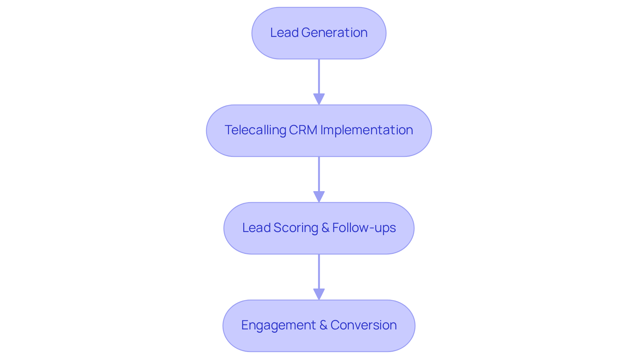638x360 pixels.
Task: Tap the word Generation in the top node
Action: tap(334, 33)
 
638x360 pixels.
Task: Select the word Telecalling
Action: tap(255, 130)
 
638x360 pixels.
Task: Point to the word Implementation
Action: tap(367, 130)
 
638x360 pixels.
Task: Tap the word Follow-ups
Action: tap(364, 228)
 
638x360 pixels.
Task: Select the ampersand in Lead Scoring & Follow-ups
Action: tap(325, 228)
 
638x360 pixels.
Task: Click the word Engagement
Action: tap(278, 325)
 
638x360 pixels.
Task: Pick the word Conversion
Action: tap(364, 325)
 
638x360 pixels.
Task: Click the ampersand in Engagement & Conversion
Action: tap(323, 325)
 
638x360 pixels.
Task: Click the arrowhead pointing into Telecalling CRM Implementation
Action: tap(319, 99)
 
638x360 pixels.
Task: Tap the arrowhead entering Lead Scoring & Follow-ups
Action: tap(319, 196)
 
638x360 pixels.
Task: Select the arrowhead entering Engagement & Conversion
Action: tap(319, 294)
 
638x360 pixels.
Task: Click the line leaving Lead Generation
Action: tap(319, 76)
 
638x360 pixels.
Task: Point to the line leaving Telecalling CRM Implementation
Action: tap(319, 174)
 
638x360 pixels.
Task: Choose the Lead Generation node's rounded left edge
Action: tap(253, 33)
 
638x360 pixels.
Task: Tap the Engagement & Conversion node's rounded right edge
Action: tap(414, 326)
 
